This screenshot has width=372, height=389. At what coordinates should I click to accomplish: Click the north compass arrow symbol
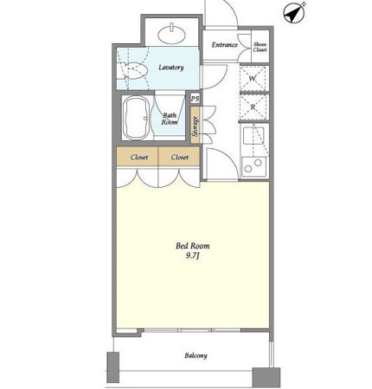(x=294, y=13)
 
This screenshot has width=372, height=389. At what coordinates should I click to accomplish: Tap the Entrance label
(x=225, y=45)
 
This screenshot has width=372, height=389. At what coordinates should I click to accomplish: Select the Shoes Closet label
(x=260, y=47)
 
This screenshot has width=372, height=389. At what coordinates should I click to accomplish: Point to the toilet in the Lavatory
(x=132, y=70)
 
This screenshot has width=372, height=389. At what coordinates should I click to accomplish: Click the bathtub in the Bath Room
(x=136, y=118)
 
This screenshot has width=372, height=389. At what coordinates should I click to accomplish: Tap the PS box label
(x=196, y=99)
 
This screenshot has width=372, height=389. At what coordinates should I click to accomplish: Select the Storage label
(x=196, y=126)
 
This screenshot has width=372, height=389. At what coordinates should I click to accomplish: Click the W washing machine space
(x=253, y=78)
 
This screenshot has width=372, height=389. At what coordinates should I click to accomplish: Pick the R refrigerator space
(x=253, y=107)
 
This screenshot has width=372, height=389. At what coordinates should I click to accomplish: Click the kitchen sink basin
(x=253, y=135)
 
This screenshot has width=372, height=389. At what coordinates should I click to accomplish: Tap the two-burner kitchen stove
(x=253, y=165)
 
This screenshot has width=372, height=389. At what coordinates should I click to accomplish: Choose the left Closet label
(x=139, y=158)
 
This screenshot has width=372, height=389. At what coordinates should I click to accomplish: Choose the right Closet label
(x=180, y=158)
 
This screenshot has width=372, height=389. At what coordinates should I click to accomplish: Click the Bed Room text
(x=193, y=246)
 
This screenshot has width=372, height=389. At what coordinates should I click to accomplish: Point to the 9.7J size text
(x=193, y=256)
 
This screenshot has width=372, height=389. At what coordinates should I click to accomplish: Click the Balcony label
(x=196, y=355)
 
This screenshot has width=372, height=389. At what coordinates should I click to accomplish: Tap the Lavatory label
(x=171, y=68)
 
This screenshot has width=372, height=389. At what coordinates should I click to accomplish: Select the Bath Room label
(x=170, y=119)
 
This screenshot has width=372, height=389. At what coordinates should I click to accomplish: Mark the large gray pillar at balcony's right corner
(x=266, y=377)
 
